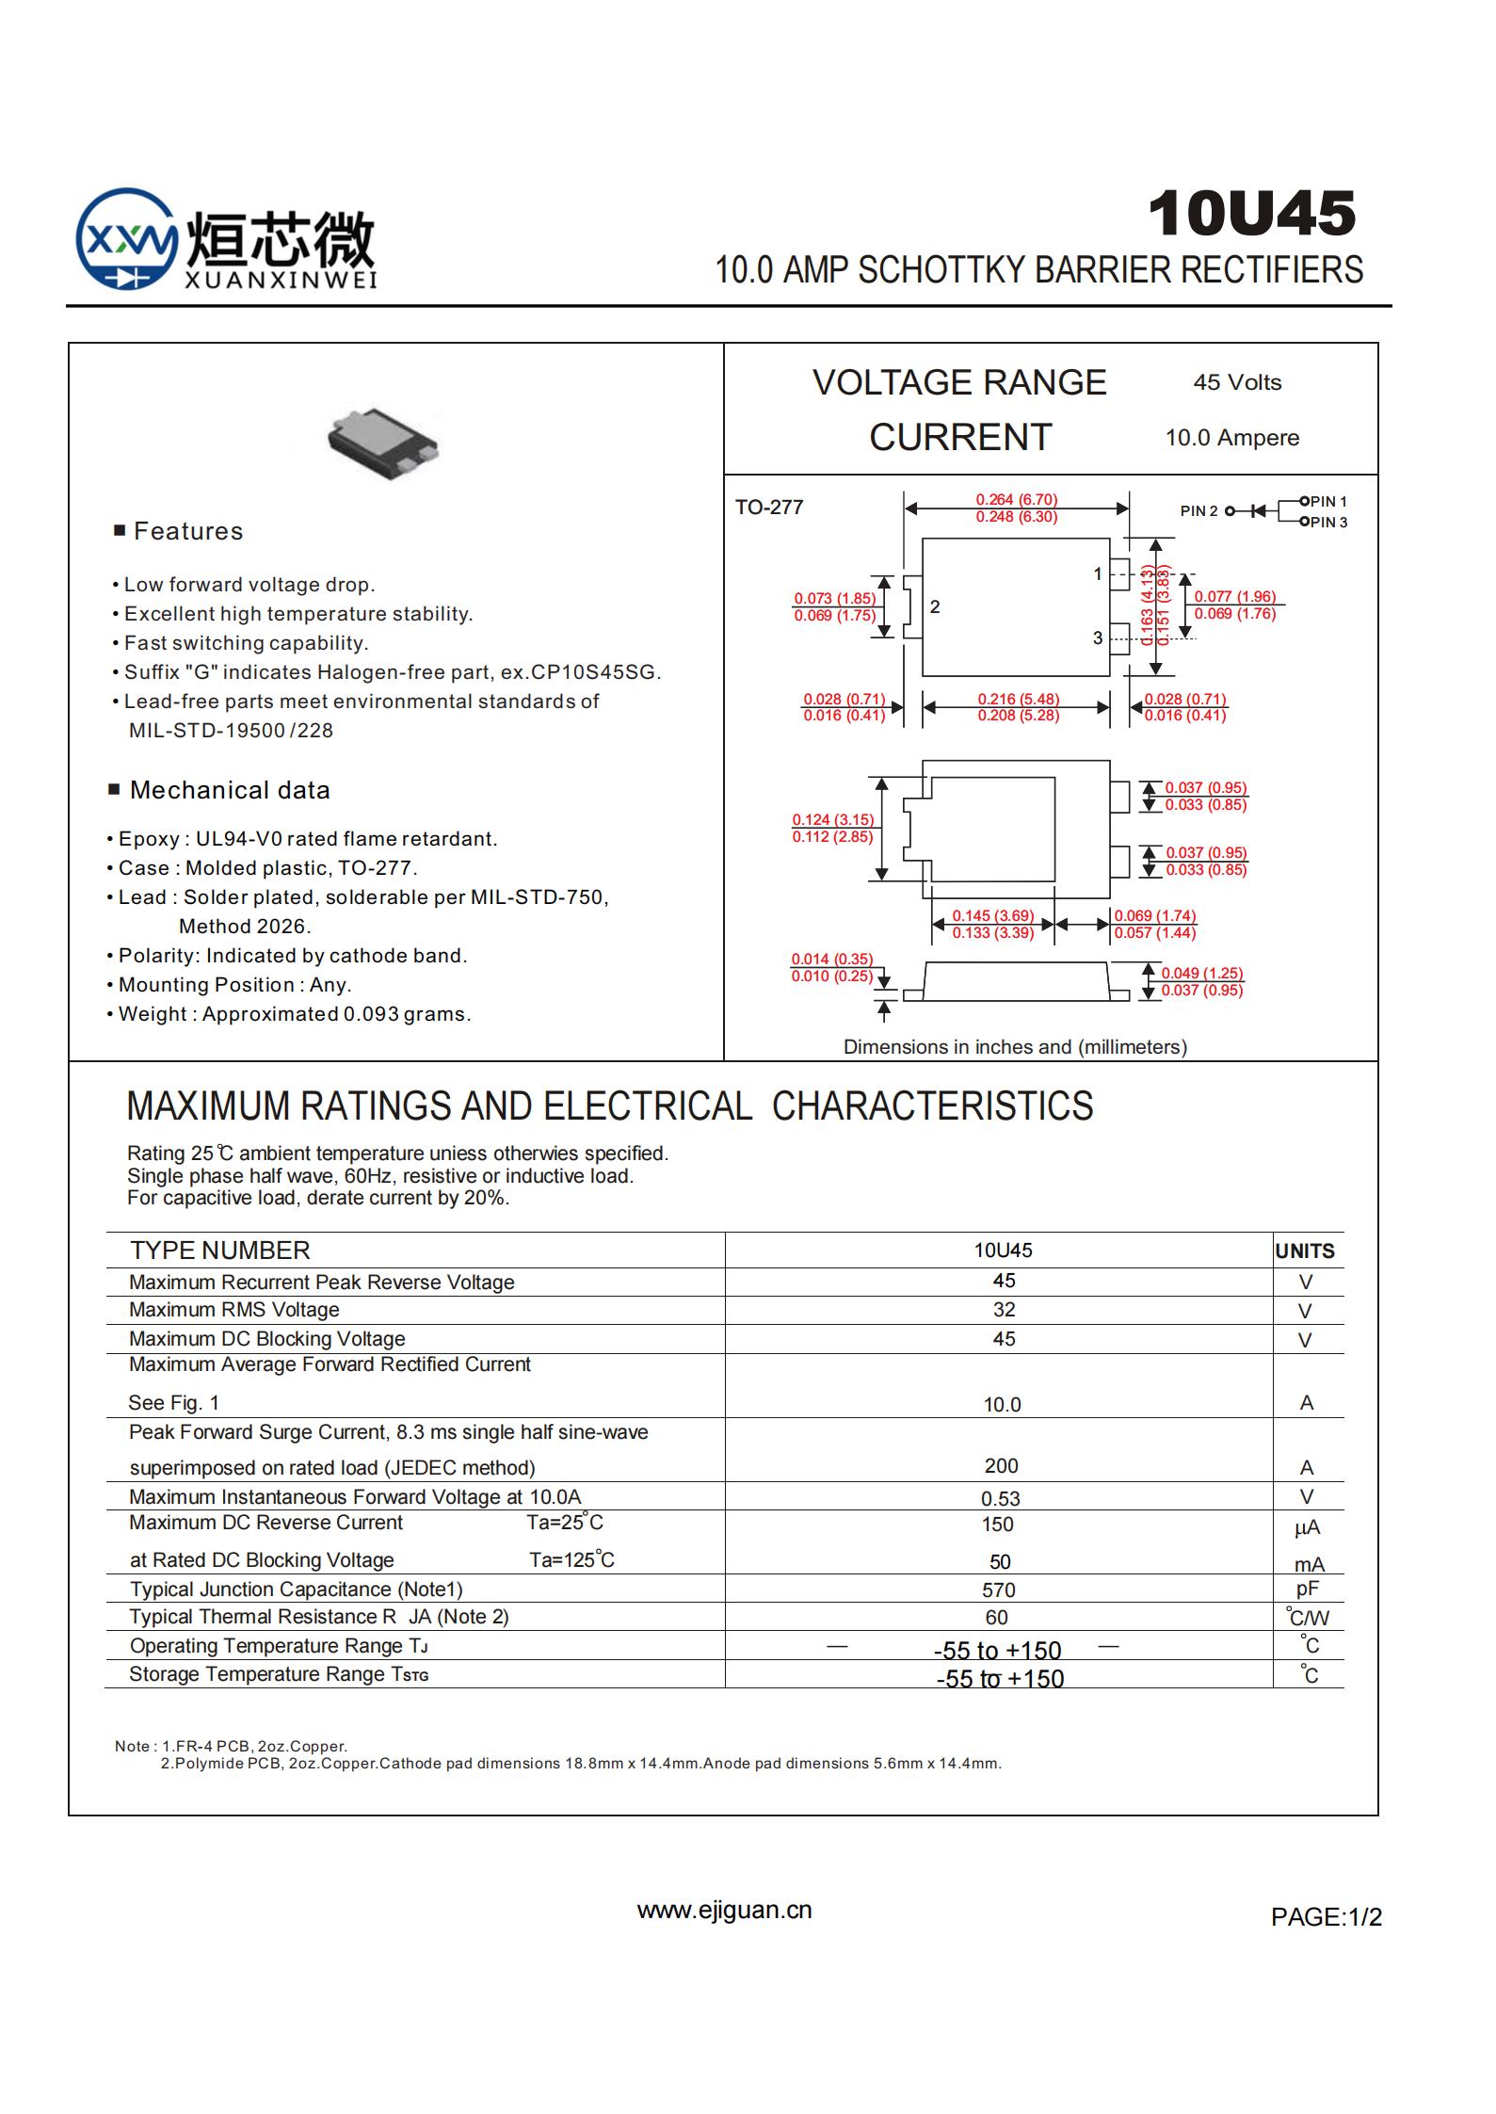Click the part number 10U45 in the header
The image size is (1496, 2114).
point(1251,214)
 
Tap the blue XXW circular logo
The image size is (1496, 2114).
point(125,239)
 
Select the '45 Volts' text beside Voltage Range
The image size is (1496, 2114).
point(1237,382)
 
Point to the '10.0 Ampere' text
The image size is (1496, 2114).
point(1231,438)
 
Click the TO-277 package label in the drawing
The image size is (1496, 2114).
point(768,508)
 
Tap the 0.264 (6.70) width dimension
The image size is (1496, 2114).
point(1016,500)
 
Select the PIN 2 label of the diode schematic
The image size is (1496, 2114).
point(1198,511)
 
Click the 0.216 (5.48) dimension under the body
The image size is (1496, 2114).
point(1018,699)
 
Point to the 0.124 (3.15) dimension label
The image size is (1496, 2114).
point(832,820)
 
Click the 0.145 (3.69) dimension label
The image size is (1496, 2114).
point(992,915)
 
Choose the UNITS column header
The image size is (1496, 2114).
point(1304,1251)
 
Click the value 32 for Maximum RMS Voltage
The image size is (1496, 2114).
point(1004,1310)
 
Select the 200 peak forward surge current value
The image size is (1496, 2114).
point(1001,1466)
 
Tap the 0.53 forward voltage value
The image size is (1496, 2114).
point(1000,1498)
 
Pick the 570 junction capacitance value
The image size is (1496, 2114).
point(998,1590)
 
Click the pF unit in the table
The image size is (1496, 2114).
point(1307,1589)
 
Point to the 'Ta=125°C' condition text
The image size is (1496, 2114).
point(571,1560)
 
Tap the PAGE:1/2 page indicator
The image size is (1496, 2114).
point(1326,1917)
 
